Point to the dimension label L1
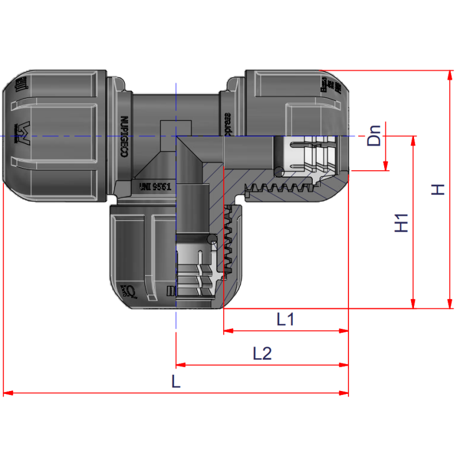pos(285,319)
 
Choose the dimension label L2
pos(262,353)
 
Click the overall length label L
pos(176,381)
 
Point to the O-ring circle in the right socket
pos(279,171)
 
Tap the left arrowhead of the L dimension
pos(7,393)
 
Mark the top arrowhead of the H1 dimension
pos(412,140)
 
